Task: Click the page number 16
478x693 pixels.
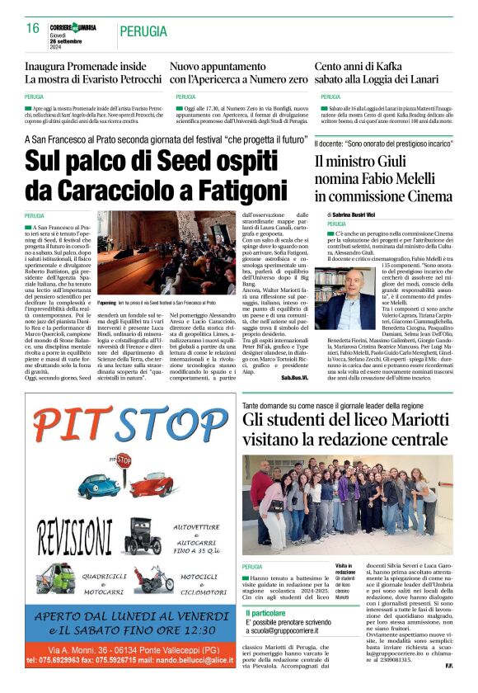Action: click(x=33, y=28)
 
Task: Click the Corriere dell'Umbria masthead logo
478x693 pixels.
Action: click(x=73, y=27)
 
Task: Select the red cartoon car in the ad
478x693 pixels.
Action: click(x=153, y=484)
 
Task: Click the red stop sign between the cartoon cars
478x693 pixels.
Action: click(x=123, y=460)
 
